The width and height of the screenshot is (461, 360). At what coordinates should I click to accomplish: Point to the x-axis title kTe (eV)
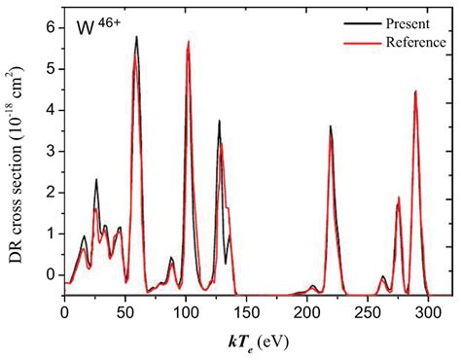coord(257,341)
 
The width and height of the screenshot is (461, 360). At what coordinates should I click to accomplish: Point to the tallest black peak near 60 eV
coord(136,37)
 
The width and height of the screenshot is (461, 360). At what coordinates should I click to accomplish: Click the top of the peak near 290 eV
coord(415,91)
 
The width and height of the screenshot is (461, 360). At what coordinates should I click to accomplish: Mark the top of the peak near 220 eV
coord(330,126)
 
